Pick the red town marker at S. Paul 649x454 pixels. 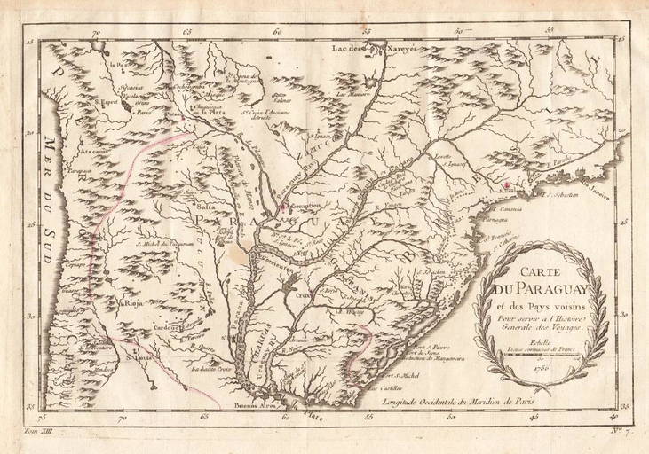(507, 184)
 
